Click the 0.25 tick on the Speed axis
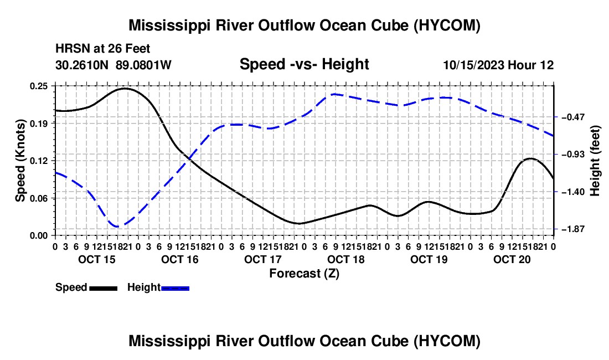[38, 86]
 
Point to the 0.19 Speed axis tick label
[38, 124]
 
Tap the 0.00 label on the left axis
[38, 236]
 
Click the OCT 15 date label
[97, 259]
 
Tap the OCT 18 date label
[346, 259]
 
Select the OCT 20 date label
[512, 259]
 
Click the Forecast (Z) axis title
[304, 274]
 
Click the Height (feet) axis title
[595, 161]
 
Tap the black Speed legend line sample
[104, 289]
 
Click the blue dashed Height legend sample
[175, 289]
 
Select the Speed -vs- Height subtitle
[304, 64]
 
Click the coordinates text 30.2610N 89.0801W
[113, 65]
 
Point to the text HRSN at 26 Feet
[102, 49]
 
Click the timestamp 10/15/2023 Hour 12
[498, 65]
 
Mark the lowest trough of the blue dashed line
[118, 226]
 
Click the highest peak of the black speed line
[125, 89]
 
